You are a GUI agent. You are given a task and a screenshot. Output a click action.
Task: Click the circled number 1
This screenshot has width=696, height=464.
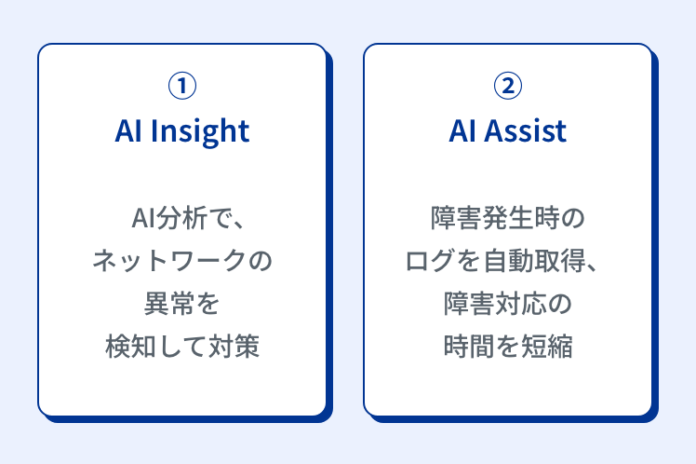click(182, 86)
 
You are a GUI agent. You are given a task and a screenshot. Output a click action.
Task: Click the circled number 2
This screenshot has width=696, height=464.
click(508, 86)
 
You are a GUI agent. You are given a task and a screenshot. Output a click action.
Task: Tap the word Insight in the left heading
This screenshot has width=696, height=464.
click(200, 131)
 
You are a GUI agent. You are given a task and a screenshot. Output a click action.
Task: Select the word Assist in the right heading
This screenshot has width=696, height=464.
click(525, 131)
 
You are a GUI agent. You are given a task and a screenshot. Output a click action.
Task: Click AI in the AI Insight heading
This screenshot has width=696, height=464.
click(127, 131)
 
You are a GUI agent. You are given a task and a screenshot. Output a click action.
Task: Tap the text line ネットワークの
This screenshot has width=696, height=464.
click(182, 261)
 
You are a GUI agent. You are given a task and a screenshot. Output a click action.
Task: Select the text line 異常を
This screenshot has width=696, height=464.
click(182, 303)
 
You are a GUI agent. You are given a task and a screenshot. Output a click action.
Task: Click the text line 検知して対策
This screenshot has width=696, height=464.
click(182, 346)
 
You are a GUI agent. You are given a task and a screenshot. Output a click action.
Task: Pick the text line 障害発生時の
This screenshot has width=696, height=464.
click(508, 218)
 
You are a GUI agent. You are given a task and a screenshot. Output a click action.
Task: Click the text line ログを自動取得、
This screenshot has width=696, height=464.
click(502, 261)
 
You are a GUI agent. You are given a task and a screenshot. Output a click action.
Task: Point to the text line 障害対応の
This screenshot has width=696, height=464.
click(508, 303)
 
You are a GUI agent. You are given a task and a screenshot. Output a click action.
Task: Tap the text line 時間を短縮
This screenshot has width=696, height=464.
click(508, 346)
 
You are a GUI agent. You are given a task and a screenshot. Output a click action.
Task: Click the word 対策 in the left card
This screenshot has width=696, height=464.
click(234, 346)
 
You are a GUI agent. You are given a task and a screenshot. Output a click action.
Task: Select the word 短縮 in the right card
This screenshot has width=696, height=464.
click(547, 346)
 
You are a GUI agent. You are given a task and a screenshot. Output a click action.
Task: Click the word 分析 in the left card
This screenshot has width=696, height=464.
click(182, 218)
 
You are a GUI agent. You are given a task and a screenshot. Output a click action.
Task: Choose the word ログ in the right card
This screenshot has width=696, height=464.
click(431, 261)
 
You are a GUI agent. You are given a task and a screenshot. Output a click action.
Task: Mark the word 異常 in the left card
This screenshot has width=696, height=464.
click(169, 303)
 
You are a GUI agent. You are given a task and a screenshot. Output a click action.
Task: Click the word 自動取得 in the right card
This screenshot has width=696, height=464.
click(534, 261)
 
